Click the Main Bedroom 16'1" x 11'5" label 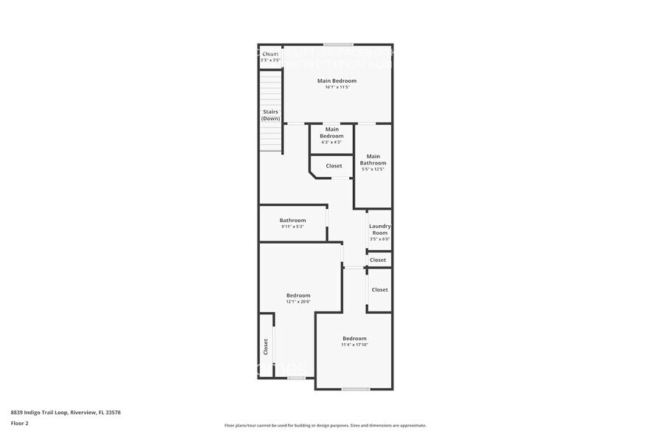point(337,83)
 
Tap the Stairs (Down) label point(271,115)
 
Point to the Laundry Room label point(379,230)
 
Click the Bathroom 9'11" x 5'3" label point(292,223)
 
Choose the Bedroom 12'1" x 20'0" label point(298,298)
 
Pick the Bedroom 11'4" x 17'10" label point(354,341)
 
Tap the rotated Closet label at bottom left point(266,346)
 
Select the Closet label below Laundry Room point(378,260)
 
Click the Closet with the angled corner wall point(334,166)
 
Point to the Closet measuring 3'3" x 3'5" point(271,56)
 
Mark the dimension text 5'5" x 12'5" point(373,169)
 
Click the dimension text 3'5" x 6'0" point(379,238)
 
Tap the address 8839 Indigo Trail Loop point(66,412)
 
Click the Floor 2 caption point(20,423)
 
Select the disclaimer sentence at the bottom point(325,425)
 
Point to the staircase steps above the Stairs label point(271,89)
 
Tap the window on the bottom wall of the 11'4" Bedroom point(355,389)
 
